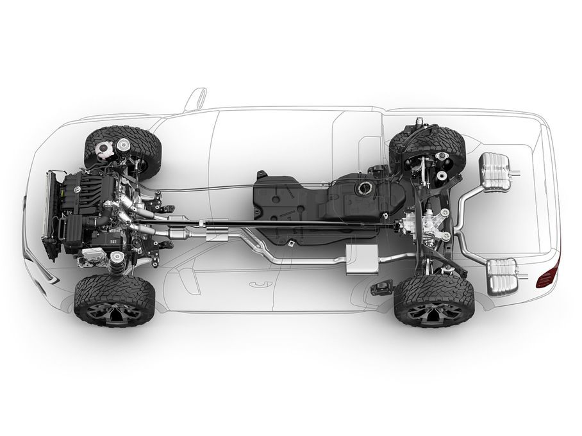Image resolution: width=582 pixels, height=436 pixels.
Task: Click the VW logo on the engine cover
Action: (77, 190)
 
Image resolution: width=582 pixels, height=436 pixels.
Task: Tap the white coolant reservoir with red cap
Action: (103, 151)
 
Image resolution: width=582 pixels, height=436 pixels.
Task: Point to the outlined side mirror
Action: (195, 99)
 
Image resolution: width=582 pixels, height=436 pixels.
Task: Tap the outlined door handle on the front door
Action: (260, 284)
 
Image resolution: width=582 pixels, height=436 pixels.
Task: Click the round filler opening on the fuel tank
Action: (366, 188)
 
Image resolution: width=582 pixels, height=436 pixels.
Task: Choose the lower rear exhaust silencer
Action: (502, 276)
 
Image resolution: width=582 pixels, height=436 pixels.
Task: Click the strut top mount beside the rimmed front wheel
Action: (117, 259)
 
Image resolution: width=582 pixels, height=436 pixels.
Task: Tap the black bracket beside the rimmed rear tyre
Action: (382, 287)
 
